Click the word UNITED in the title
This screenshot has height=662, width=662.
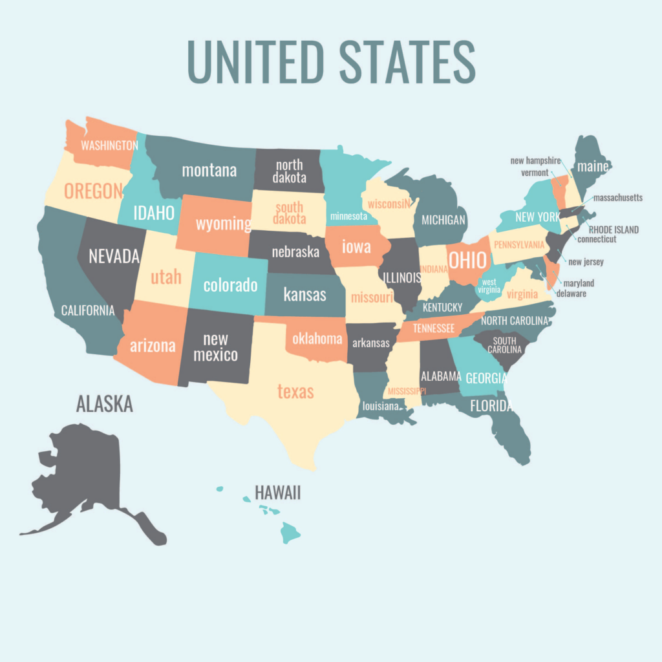click(x=255, y=61)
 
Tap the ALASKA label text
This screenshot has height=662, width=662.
click(x=104, y=404)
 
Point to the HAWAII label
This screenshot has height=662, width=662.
click(x=278, y=493)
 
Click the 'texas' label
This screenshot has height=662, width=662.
click(x=295, y=391)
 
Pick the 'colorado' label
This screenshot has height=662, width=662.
click(x=230, y=285)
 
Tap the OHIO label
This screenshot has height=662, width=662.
click(x=467, y=260)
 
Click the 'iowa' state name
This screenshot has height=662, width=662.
click(x=356, y=246)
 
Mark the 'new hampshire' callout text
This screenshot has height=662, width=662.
click(x=535, y=160)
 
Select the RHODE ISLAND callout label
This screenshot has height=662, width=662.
click(x=614, y=230)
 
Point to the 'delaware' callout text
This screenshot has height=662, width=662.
click(x=571, y=294)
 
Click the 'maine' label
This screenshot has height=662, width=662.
click(x=593, y=167)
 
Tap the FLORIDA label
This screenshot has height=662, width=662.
click(x=491, y=406)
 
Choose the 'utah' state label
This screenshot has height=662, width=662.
click(x=166, y=278)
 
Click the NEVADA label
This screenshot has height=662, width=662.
click(x=114, y=256)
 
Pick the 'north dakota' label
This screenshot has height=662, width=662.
click(x=289, y=171)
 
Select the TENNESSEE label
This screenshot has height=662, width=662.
click(x=434, y=328)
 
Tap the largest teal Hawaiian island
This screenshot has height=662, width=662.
click(x=290, y=533)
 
